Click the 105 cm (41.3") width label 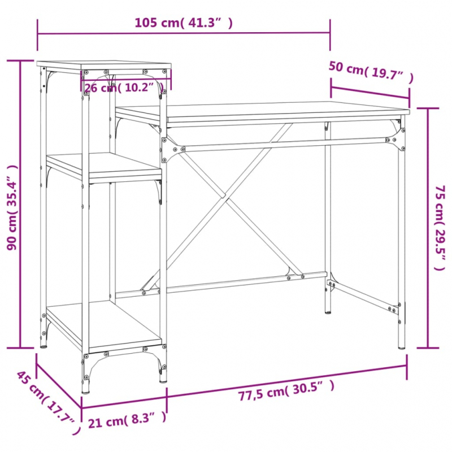click(183, 23)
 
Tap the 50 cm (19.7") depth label click(371, 71)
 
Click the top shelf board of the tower click(105, 64)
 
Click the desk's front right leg click(402, 237)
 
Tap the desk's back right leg click(328, 226)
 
